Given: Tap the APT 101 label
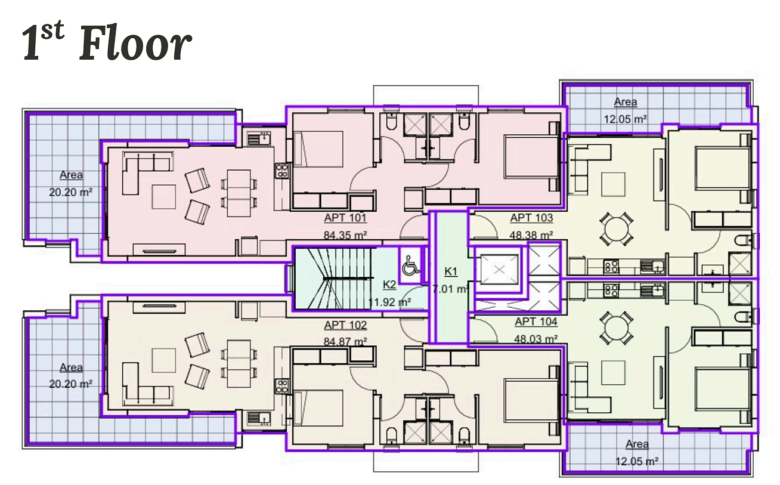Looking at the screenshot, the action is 345,218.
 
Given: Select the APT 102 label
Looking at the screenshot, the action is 345,325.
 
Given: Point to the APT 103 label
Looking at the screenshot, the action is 531,218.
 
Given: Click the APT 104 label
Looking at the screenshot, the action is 536,322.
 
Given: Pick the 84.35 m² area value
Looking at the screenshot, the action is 345,235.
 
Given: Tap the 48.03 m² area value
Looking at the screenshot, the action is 536,338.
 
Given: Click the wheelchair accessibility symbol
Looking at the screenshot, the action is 411,265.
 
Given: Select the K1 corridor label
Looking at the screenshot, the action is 451,271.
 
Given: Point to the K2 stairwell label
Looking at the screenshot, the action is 389,285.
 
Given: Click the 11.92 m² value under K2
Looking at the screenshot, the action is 389,302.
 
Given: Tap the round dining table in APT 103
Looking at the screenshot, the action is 617,229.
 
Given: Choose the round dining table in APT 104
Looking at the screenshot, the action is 617,328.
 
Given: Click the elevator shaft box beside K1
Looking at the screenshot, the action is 499,269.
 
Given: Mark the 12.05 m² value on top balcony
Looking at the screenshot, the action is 626,119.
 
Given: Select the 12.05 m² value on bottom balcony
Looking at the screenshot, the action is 637,462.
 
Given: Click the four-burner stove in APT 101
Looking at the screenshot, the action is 281,171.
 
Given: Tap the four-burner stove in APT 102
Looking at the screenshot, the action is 281,387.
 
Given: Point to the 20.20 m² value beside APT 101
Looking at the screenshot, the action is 71,192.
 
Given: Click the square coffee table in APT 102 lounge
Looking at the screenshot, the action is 163,360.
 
